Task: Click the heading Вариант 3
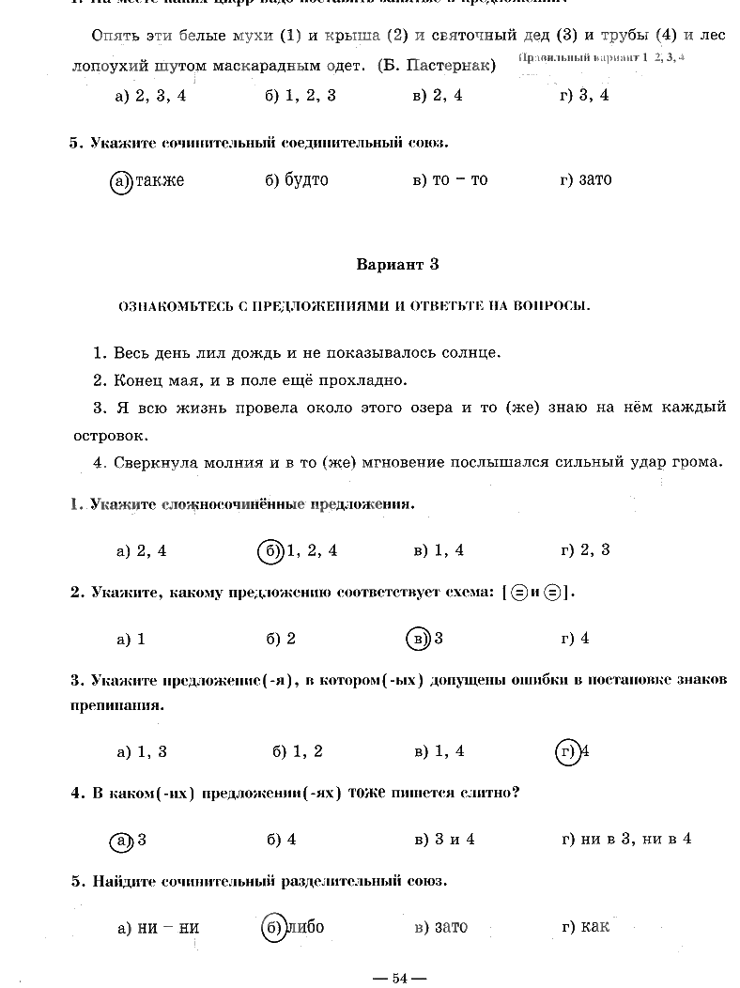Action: click(397, 265)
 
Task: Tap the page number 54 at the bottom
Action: click(398, 979)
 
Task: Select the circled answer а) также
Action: click(147, 180)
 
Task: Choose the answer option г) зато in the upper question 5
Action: click(585, 179)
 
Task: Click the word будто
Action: click(306, 179)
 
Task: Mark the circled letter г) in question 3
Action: click(567, 751)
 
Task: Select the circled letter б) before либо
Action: click(273, 927)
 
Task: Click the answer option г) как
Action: click(585, 927)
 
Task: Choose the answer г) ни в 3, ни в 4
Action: click(625, 840)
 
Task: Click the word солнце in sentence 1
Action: click(469, 353)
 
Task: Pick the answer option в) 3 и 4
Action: click(444, 840)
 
